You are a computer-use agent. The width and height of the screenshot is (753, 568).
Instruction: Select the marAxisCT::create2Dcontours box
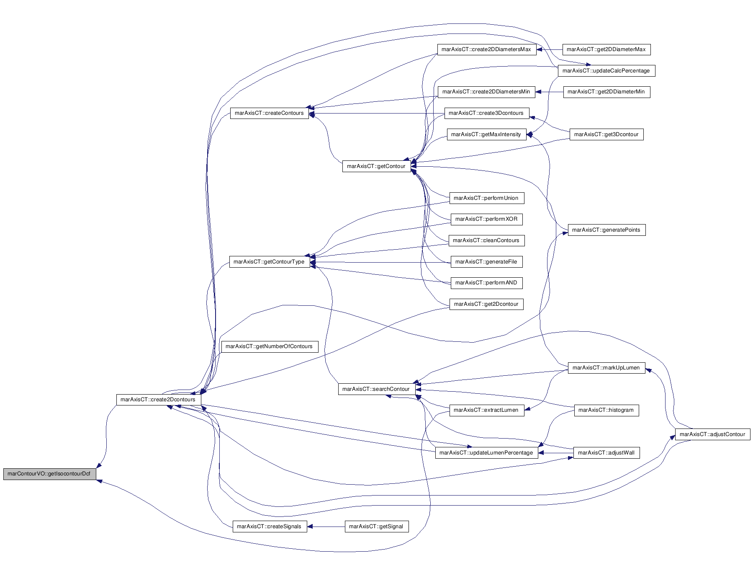(x=158, y=399)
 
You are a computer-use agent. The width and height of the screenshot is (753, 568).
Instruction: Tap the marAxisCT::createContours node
(x=269, y=113)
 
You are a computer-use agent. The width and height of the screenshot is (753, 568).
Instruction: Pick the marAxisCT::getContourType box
(x=269, y=262)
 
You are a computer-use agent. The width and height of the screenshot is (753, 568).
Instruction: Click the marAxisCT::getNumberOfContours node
(x=269, y=346)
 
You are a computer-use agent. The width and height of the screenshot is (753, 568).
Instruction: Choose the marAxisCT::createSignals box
(x=269, y=527)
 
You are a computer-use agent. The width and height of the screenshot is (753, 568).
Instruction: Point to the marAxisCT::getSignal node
(x=376, y=527)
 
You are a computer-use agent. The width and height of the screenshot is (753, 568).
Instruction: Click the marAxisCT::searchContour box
(x=376, y=389)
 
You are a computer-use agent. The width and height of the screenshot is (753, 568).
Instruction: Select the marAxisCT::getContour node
(x=376, y=166)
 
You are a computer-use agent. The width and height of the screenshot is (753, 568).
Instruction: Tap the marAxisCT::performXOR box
(x=486, y=219)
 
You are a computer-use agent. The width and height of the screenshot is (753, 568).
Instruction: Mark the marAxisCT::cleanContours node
(x=486, y=240)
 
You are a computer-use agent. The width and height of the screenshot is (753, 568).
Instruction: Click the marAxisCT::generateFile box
(x=486, y=262)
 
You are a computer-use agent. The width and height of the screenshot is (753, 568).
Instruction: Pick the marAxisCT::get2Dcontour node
(x=486, y=304)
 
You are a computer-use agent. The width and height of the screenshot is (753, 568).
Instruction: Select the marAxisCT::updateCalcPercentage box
(x=606, y=71)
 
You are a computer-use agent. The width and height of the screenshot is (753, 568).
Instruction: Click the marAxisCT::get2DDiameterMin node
(x=606, y=92)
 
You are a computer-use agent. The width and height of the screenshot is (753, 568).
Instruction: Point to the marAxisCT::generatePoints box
(x=606, y=230)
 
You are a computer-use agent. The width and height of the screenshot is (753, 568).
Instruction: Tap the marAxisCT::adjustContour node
(x=712, y=434)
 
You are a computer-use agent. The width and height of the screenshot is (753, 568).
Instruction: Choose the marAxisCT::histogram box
(x=606, y=410)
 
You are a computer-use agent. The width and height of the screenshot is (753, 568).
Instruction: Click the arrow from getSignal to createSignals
(x=326, y=527)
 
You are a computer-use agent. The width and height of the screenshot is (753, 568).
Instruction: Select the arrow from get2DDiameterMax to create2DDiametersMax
(x=550, y=49)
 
